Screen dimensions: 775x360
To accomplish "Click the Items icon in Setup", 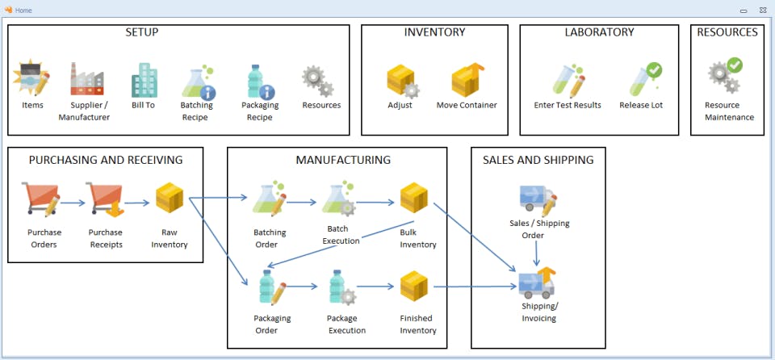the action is pyautogui.click(x=31, y=77).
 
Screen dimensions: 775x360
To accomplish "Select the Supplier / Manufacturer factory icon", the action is pyautogui.click(x=87, y=78).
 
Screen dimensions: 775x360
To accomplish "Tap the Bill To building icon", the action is pyautogui.click(x=145, y=80).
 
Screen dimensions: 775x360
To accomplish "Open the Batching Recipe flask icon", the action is pyautogui.click(x=199, y=82).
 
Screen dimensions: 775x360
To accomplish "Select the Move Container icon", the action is pyautogui.click(x=467, y=80).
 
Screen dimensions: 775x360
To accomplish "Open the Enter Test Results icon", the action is pyautogui.click(x=568, y=81).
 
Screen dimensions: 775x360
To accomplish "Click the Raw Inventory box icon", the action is pyautogui.click(x=170, y=198).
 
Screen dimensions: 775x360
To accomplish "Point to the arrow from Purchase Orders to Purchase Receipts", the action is pyautogui.click(x=73, y=203).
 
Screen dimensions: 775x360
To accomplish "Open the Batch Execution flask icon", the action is pyautogui.click(x=339, y=199).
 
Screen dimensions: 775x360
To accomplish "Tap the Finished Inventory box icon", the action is pyautogui.click(x=413, y=287).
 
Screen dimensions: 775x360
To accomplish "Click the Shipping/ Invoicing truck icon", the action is pyautogui.click(x=538, y=283).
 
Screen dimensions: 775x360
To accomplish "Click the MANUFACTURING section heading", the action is pyautogui.click(x=343, y=160).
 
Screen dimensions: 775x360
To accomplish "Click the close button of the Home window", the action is pyautogui.click(x=762, y=10).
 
